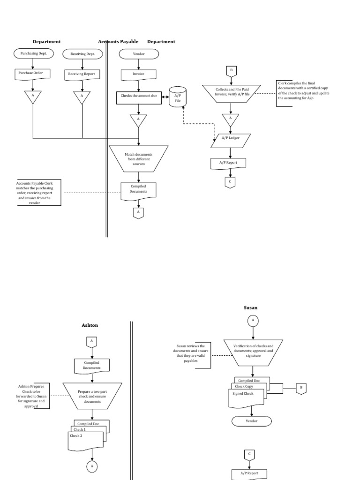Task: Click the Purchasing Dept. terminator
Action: point(33,54)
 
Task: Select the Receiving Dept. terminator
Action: point(82,54)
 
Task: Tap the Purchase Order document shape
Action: point(33,74)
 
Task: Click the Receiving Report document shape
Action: point(82,74)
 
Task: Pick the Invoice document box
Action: point(138,74)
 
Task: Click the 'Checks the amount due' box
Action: point(138,97)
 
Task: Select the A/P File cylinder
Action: point(177,97)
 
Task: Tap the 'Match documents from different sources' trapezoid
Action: point(138,159)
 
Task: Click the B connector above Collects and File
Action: point(231,71)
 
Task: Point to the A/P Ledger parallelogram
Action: point(230,138)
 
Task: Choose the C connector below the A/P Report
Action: point(230,182)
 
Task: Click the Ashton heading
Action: point(90,325)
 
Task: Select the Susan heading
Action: point(250,308)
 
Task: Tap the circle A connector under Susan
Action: point(253,320)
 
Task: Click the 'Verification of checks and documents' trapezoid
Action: point(253,351)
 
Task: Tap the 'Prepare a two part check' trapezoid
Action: point(92,395)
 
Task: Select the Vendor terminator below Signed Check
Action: point(252,421)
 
